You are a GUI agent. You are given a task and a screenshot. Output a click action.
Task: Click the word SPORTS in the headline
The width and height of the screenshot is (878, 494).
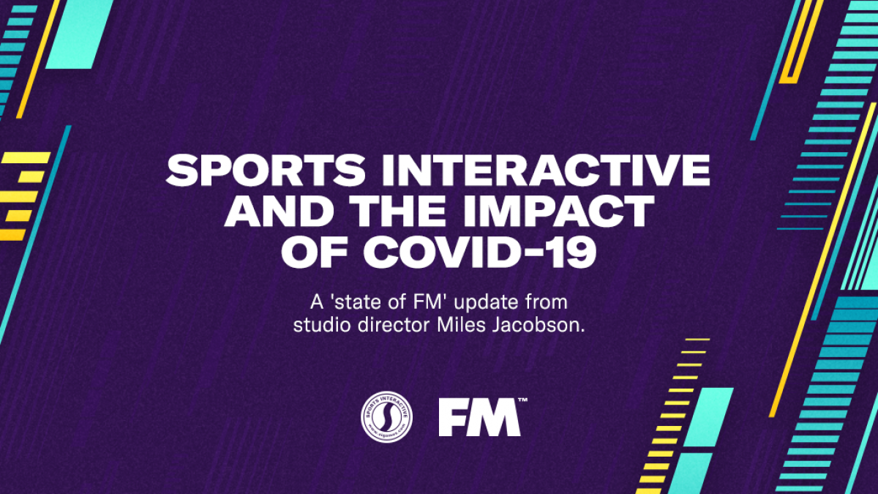pos(266,170)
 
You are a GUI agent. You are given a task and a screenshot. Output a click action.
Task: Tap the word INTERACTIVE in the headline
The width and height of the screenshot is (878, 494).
pos(546,170)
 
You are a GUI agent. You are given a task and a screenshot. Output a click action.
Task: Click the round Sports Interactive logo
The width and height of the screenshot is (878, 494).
pos(386,416)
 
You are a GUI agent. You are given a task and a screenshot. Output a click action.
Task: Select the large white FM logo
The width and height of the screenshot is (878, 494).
pos(479,418)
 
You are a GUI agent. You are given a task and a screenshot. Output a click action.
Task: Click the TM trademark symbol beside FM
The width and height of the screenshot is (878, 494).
pos(522,400)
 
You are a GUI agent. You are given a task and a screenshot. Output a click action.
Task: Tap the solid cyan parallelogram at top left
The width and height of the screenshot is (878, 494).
pos(80,34)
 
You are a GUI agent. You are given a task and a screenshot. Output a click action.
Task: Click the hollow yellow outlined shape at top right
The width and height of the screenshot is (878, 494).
pos(800,41)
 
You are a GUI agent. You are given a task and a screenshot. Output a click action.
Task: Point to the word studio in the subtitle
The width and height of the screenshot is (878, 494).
pos(322,325)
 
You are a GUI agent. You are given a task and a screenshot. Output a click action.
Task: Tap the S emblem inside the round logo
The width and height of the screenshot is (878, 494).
pos(386,416)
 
